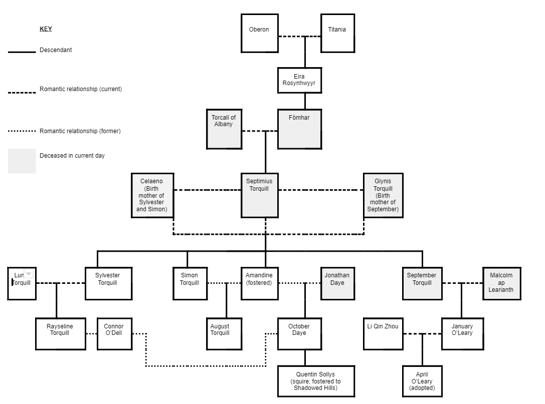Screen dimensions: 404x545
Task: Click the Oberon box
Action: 259,33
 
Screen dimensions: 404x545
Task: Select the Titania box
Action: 337,33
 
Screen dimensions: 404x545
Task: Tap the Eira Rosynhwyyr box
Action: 299,80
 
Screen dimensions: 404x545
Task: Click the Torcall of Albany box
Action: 224,129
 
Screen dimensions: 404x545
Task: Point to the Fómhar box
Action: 299,129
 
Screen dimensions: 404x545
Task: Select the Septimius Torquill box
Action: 259,195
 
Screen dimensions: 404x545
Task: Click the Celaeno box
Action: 152,195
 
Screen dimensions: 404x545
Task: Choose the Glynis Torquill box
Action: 383,195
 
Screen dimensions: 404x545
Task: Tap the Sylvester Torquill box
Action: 108,283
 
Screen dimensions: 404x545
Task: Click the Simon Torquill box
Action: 190,283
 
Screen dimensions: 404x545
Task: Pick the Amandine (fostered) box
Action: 259,283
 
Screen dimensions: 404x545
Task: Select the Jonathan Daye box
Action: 337,283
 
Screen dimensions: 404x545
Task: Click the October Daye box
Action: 299,333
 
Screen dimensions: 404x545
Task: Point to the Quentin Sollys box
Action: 316,381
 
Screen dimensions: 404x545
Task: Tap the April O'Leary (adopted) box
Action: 422,381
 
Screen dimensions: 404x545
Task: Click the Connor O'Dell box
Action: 114,333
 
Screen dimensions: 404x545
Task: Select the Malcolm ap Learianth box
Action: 501,283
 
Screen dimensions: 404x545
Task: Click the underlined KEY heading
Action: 46,29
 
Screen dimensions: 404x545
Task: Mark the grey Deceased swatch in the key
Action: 22,161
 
